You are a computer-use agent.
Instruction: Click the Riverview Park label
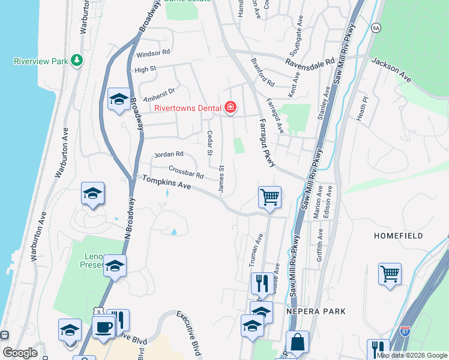coord(39,61)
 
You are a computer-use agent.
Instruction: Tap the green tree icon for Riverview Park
coord(76,61)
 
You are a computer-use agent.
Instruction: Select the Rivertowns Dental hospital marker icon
coord(230,108)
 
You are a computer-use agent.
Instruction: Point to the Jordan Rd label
coord(168,155)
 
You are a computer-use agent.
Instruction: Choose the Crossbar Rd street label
coord(186,173)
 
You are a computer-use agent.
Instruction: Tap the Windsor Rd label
coord(153,53)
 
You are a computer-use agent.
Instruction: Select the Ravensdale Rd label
coord(310,62)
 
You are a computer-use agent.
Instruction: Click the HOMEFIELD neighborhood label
coord(399,236)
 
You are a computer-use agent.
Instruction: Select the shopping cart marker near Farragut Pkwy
coord(270,197)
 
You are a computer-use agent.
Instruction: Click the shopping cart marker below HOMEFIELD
coord(390,274)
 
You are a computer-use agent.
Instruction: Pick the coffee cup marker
coord(103,328)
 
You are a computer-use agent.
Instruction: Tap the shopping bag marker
coord(297,343)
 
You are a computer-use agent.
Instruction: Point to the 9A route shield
coord(376,28)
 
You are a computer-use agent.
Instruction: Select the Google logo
coord(20,353)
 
